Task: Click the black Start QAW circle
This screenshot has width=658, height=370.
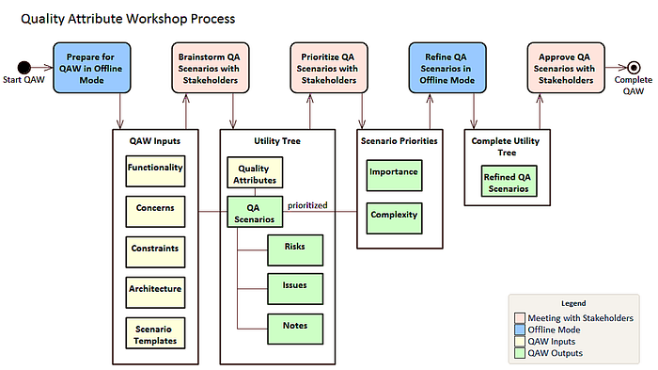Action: (25, 66)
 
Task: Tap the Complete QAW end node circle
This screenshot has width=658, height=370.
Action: (634, 67)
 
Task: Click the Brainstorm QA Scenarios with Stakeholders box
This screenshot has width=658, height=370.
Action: (209, 68)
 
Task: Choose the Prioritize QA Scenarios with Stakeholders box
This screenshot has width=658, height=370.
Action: (327, 68)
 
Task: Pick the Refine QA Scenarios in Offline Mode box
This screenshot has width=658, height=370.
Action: (446, 68)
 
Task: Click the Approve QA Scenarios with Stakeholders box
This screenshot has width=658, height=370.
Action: (564, 68)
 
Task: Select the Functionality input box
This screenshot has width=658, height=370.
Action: (155, 171)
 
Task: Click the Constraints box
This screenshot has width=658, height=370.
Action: (155, 251)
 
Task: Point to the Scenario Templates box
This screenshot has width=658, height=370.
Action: (155, 332)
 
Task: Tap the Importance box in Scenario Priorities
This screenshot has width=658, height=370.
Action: (393, 174)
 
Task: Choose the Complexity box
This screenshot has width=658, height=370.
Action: (393, 216)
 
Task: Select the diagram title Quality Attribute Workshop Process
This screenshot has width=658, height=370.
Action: (128, 19)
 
